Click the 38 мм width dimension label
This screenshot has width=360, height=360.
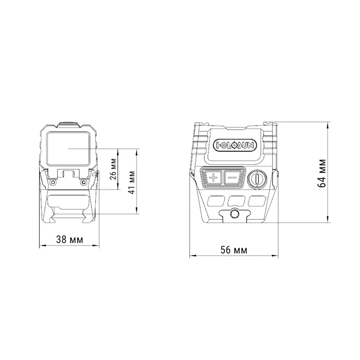pos(70,240)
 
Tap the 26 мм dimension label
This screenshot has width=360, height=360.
pos(114,169)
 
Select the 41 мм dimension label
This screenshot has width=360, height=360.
pos(132,182)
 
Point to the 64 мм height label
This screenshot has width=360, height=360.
pos(322,173)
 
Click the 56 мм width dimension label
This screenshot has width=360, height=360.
pos(234,250)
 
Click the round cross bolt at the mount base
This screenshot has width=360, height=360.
pos(234,214)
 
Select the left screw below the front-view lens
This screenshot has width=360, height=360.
pos(53,182)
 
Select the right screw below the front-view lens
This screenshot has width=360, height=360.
pos(84,182)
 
